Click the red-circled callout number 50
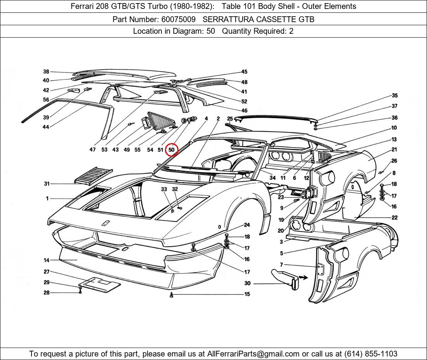[x=171, y=150]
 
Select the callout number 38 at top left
[x=46, y=72]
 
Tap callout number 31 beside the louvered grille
[x=47, y=184]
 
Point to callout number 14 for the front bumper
[x=47, y=260]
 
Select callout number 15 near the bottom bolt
[x=247, y=294]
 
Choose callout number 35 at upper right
[x=394, y=95]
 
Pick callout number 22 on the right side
[x=394, y=218]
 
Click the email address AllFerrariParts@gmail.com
[x=253, y=354]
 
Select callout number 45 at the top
[x=244, y=72]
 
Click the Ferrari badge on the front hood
[x=105, y=223]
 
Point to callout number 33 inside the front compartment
[x=164, y=189]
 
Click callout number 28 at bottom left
[x=47, y=292]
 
